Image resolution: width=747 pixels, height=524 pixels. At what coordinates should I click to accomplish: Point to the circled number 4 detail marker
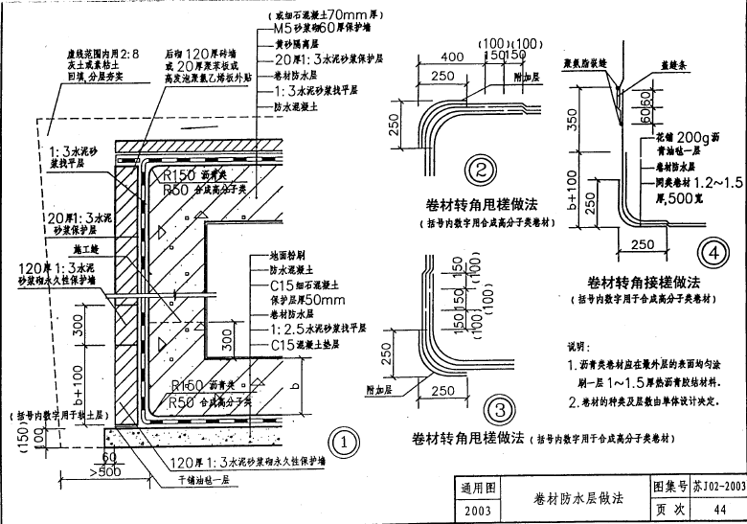point(711,253)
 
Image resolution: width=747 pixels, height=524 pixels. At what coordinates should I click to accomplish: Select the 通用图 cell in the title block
point(477,488)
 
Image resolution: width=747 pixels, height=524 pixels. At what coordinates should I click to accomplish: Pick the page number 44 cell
point(719,510)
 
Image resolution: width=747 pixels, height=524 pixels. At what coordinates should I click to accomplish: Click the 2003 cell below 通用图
point(477,511)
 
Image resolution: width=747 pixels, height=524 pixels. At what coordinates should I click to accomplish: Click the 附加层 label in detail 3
point(382,388)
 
